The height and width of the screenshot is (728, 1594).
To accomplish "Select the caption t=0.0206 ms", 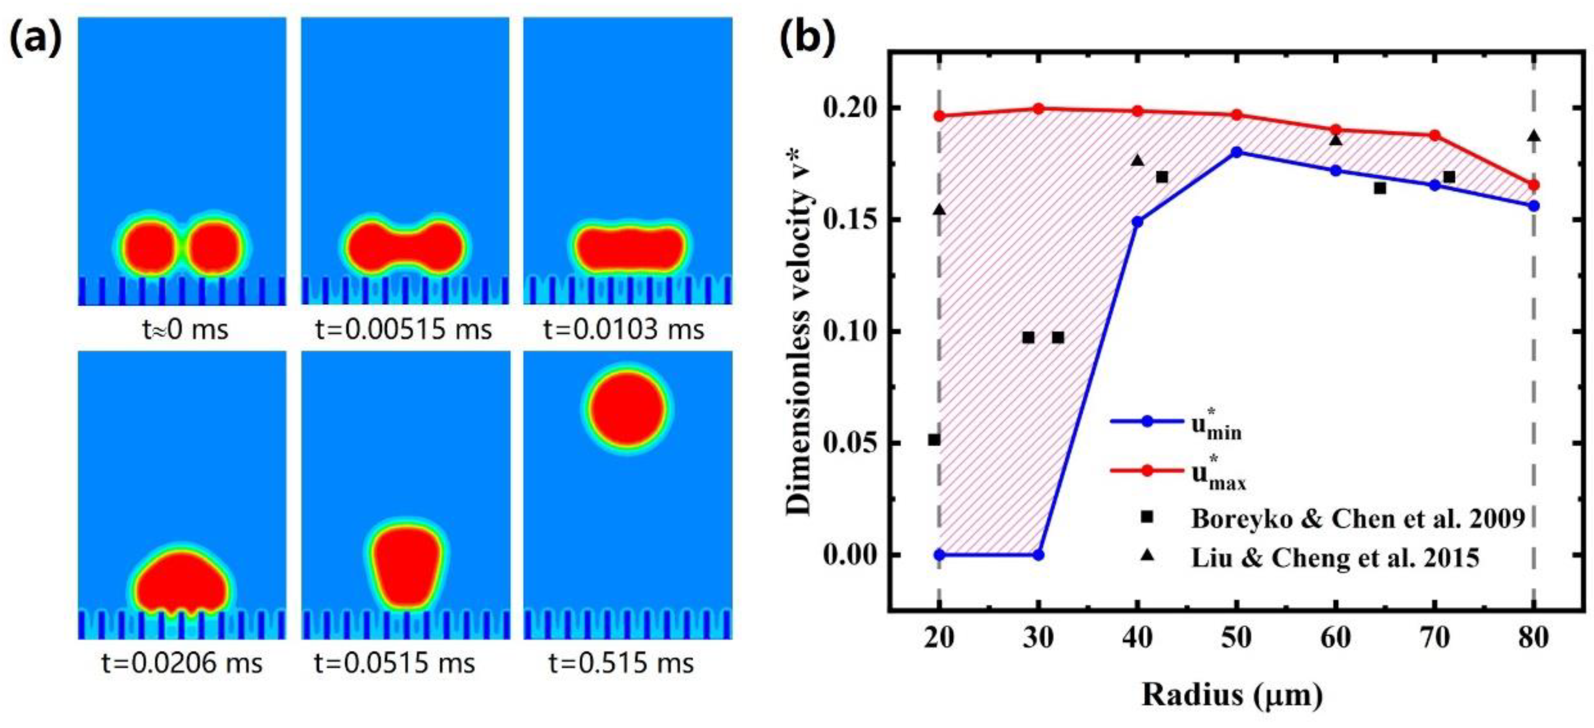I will pos(181,663).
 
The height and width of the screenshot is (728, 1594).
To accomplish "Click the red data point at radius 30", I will pos(1038,109).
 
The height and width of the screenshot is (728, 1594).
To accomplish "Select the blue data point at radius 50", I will pos(1236,152).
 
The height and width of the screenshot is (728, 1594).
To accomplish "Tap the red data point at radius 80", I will pos(1533,185).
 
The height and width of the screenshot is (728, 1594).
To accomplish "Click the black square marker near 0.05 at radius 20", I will pos(934,440).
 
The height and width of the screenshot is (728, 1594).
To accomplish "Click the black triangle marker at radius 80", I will pos(1533,136).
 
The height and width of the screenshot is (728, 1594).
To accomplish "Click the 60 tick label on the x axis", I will pos(1335,638).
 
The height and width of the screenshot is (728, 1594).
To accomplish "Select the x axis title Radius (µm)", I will pos(1232,695).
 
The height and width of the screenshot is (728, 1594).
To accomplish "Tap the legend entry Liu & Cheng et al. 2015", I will pos(1335,558).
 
